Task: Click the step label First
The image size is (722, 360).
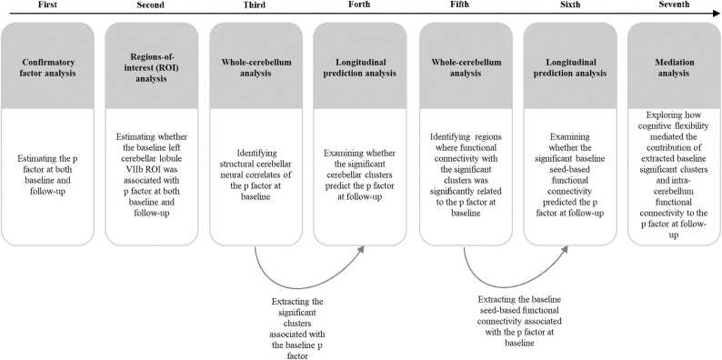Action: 50,5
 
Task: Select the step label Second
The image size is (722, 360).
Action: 151,5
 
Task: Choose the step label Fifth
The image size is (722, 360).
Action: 466,5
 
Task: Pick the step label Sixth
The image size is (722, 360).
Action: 569,5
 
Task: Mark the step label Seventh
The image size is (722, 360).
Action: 674,5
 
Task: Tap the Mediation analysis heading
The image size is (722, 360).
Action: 674,69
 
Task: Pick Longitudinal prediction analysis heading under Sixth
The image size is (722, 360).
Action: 570,69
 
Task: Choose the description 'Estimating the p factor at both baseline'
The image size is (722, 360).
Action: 50,174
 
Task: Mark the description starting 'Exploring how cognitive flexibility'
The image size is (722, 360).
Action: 674,174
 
